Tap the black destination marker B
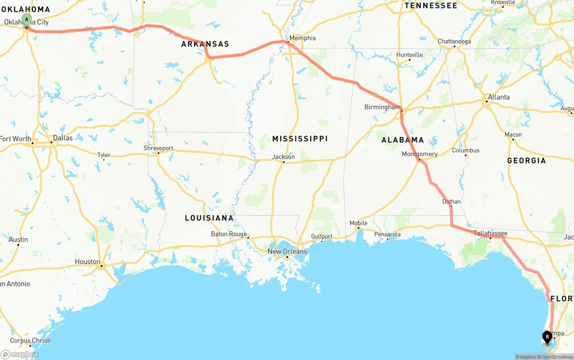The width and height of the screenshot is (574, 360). [x=547, y=337]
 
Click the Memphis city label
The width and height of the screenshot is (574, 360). [x=303, y=38]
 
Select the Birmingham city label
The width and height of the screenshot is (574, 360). [x=382, y=107]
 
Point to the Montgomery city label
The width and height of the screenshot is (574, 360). [x=420, y=154]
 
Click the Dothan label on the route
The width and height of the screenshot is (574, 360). [x=451, y=202]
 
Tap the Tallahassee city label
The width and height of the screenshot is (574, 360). [x=491, y=233]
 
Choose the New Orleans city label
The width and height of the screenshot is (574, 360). [x=287, y=252]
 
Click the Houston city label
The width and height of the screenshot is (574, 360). [x=87, y=262]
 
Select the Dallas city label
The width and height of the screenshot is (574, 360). [x=63, y=138]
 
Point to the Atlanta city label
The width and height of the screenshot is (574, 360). [x=499, y=97]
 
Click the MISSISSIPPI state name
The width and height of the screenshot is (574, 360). [x=300, y=139]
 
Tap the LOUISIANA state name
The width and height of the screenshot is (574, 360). [x=209, y=218]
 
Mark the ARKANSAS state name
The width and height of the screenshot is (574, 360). [x=205, y=44]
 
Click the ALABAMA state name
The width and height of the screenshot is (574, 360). [x=403, y=140]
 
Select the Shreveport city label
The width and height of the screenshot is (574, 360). [x=158, y=148]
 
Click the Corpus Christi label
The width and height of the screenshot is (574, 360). [x=30, y=340]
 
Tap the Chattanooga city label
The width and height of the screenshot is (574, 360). [x=454, y=42]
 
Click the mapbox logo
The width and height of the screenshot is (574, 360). [x=20, y=354]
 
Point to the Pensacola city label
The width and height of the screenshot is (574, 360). [x=387, y=234]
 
